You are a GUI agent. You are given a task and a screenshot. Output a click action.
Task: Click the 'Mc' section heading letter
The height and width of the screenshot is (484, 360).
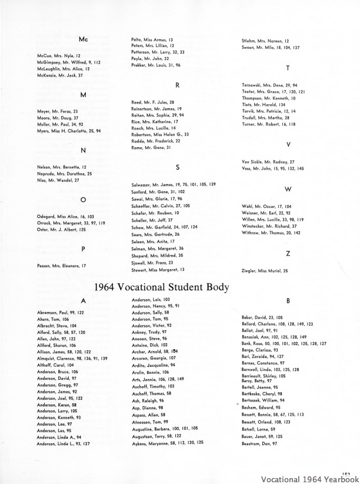83,39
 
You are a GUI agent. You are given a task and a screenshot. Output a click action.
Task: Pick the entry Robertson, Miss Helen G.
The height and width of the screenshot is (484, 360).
160,134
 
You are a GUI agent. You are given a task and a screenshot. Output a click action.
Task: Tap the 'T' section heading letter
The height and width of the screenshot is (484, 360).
288,69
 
